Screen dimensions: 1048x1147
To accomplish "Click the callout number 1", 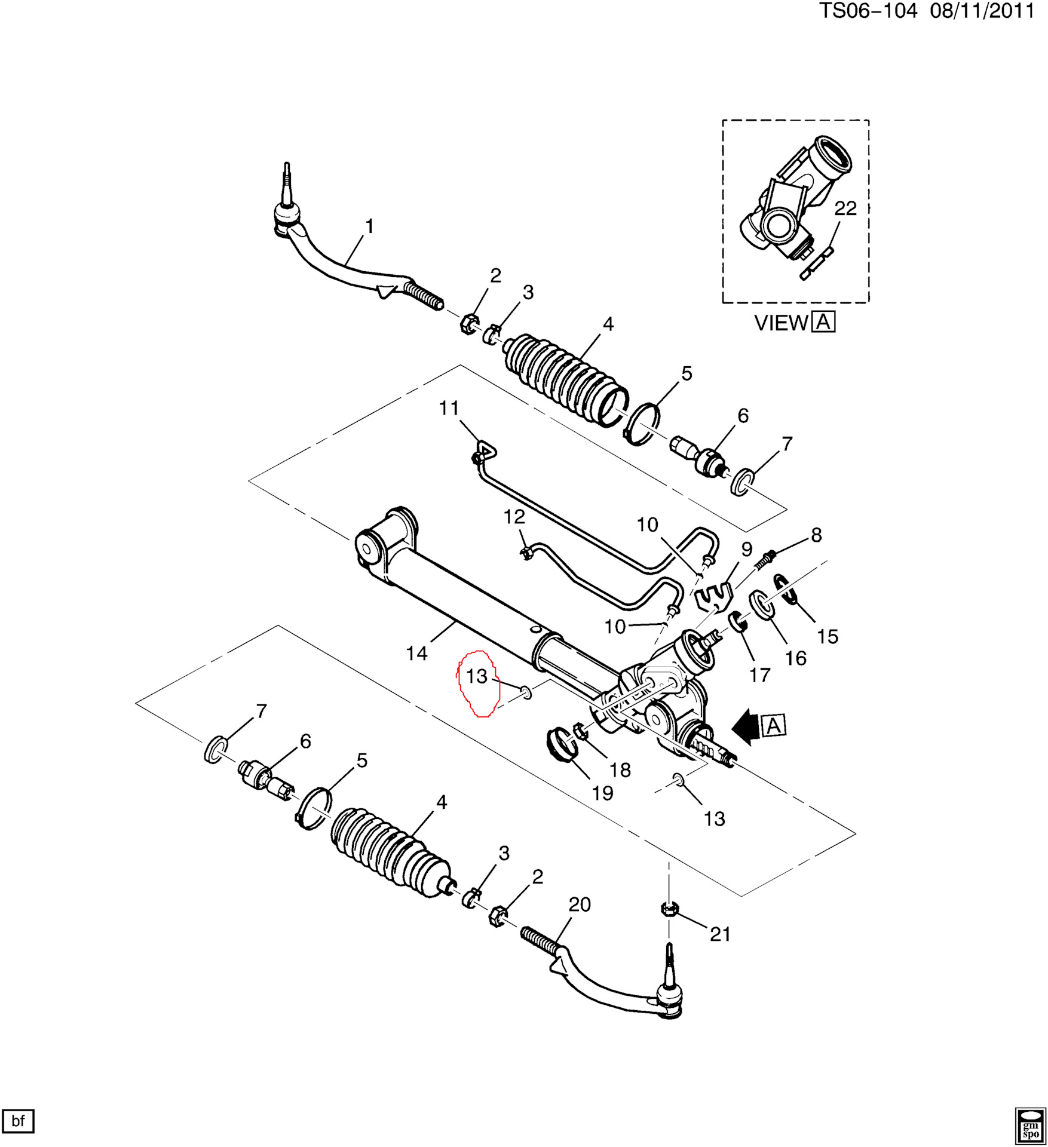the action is pos(369,226).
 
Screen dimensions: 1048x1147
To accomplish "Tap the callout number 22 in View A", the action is pos(845,208).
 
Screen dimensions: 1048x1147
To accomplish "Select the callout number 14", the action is pos(417,654).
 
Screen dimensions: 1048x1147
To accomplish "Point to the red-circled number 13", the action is pos(477,676).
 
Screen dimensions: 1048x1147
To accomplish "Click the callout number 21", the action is pos(720,934).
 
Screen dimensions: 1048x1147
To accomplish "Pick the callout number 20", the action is pos(579,904).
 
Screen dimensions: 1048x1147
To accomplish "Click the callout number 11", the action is pos(449,408).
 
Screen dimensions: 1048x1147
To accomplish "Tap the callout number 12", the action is pos(514,517).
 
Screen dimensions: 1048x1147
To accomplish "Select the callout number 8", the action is pos(816,535).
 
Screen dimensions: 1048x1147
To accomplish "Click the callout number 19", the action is pos(602,793).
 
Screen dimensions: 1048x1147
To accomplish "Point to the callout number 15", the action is pos(828,636).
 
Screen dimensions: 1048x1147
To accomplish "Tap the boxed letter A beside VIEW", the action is pos(824,322).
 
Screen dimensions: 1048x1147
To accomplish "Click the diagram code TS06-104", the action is pos(868,11).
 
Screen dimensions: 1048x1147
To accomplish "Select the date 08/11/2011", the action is pos(982,11).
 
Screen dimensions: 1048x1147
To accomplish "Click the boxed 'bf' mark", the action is pos(18,1121).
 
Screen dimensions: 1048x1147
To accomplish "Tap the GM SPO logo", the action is pos(1031,1125).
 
